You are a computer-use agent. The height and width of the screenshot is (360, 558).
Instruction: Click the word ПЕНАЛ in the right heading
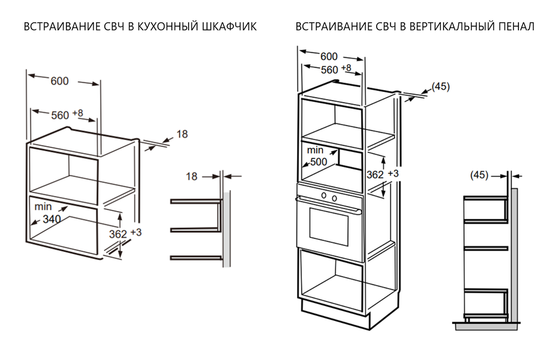[516, 27]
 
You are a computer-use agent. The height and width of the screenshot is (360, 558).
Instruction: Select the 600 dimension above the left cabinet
[60, 81]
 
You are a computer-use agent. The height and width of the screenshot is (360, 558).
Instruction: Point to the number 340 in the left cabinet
[51, 219]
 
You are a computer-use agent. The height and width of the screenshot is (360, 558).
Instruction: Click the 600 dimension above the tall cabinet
[329, 56]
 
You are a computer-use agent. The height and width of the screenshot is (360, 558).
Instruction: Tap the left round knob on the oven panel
[323, 195]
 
